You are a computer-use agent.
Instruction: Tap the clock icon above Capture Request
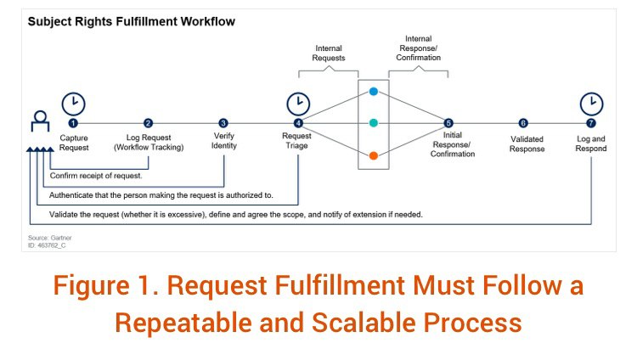[x=74, y=104]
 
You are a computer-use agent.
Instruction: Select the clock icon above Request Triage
[x=298, y=104]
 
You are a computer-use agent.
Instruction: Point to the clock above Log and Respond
[x=591, y=104]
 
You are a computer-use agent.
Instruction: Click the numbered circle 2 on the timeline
[x=149, y=123]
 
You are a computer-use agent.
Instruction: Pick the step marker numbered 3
[x=223, y=123]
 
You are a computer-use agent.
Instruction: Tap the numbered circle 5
[x=448, y=123]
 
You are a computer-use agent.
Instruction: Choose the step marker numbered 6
[x=522, y=123]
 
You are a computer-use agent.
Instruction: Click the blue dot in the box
[x=374, y=91]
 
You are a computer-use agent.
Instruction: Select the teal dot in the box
[x=374, y=123]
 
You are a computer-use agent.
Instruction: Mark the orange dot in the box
[x=374, y=155]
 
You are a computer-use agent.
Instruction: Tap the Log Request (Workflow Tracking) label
[x=149, y=142]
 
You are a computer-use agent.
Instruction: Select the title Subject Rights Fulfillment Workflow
[x=131, y=20]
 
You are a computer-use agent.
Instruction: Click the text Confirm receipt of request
[x=95, y=176]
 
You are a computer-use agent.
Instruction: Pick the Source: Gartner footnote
[x=48, y=239]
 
